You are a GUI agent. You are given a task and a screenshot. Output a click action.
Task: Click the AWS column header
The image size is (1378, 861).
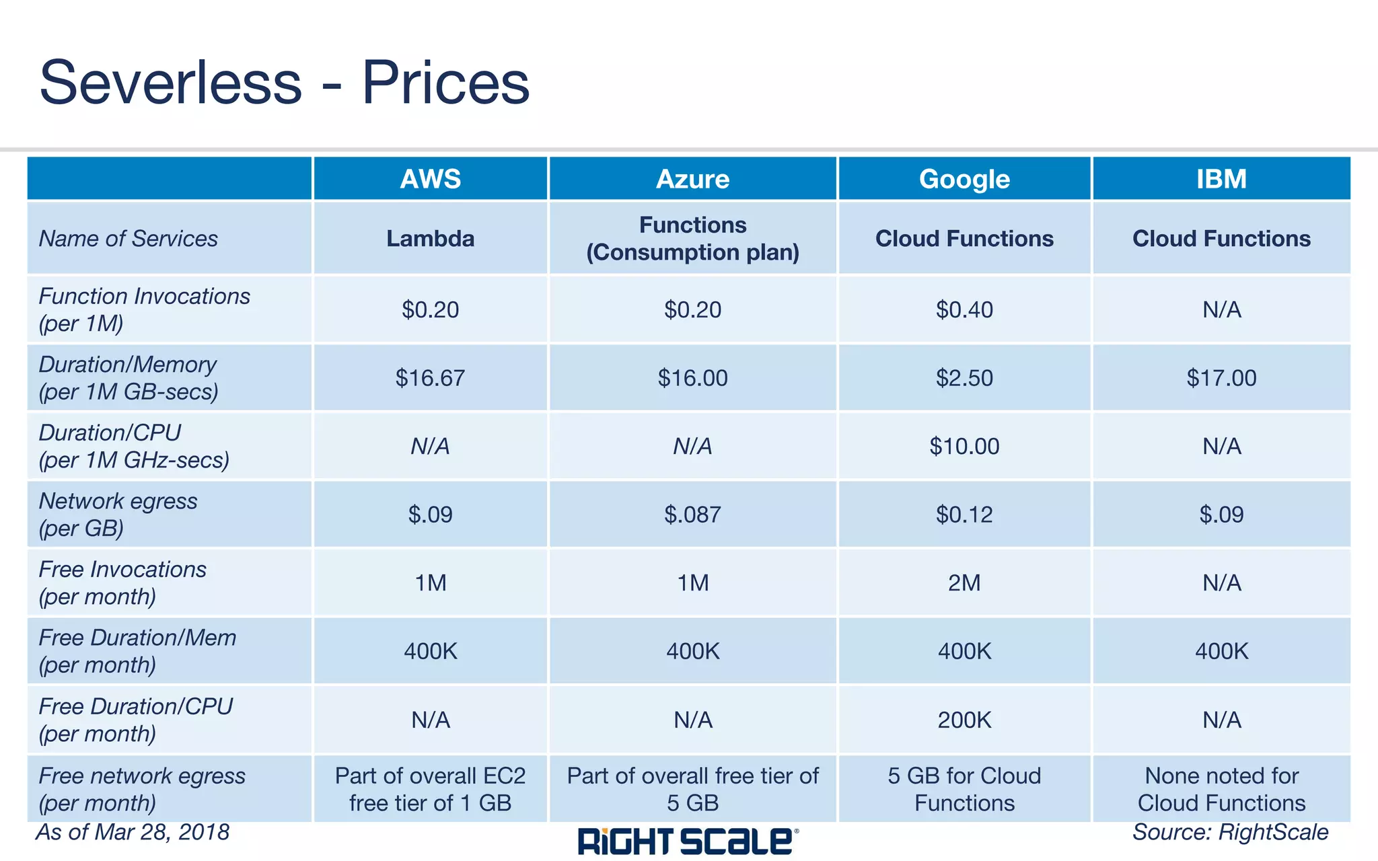pos(430,179)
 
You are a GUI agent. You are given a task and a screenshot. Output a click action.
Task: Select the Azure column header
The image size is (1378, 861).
pos(692,179)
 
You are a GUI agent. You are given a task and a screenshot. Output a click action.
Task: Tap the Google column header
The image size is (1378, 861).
pos(964,179)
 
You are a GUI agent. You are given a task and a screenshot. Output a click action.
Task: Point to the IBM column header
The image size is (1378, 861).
pos(1221,179)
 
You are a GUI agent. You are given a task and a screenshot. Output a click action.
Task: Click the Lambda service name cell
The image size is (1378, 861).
pos(430,238)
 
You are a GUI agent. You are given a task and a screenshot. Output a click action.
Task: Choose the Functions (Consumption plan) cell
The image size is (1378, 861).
pos(692,238)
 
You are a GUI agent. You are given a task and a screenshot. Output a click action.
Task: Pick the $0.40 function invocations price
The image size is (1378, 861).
pos(964,309)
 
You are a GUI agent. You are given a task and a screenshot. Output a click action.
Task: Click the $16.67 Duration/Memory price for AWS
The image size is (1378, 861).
pos(430,378)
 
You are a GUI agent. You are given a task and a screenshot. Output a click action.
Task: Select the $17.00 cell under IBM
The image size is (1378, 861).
pos(1221,378)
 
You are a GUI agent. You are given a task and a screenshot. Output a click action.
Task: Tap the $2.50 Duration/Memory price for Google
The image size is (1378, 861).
pos(964,378)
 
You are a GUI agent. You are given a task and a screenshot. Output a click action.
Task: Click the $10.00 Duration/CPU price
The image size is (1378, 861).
pos(964,446)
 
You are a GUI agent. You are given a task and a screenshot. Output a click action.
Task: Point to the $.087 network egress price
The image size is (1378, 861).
pos(692,515)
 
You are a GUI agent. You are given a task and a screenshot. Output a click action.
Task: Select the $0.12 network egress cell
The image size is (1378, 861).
pos(964,515)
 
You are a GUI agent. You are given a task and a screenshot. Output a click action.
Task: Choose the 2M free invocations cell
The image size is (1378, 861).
pos(964,583)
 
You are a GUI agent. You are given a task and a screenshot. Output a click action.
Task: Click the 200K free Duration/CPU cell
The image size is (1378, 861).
pos(964,720)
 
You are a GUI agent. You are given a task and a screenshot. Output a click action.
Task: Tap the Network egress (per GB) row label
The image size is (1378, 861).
pos(118,515)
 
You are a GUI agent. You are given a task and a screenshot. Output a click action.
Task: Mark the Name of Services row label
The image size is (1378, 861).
pos(129,238)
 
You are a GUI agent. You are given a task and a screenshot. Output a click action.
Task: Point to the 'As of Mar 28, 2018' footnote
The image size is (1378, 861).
pos(133,832)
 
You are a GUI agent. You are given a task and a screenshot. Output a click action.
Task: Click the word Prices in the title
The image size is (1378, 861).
pos(445,83)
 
